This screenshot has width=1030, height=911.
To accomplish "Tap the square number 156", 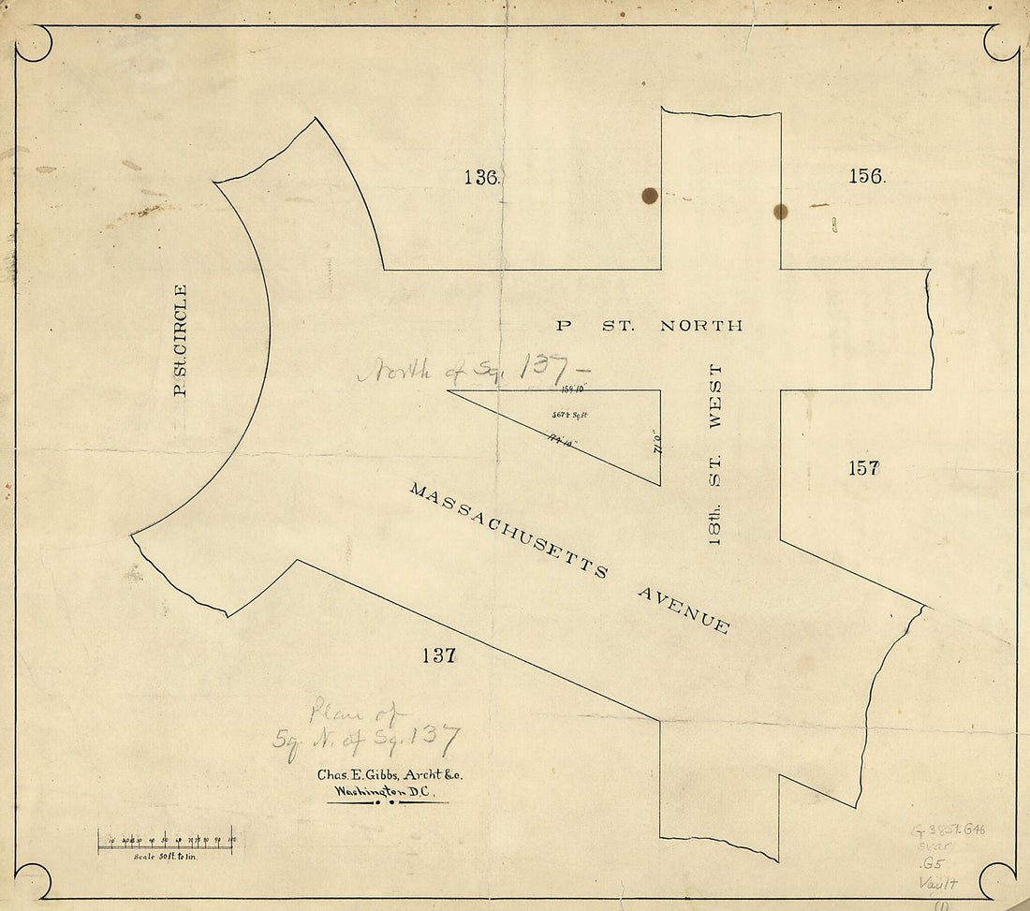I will click(x=866, y=175).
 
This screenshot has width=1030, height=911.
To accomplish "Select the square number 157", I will click(x=863, y=467).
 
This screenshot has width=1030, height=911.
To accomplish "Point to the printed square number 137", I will click(x=437, y=655).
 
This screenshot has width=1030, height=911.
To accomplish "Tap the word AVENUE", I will click(x=684, y=610).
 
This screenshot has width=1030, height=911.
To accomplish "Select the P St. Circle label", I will click(x=181, y=340).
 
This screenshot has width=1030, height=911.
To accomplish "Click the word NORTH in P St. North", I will click(x=701, y=326).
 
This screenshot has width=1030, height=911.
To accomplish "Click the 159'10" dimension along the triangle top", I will click(x=572, y=387).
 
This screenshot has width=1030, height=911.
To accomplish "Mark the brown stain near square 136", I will click(x=649, y=196).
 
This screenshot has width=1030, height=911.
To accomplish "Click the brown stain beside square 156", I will click(x=781, y=212).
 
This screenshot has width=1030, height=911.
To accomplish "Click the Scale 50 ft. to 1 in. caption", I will click(x=169, y=857).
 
